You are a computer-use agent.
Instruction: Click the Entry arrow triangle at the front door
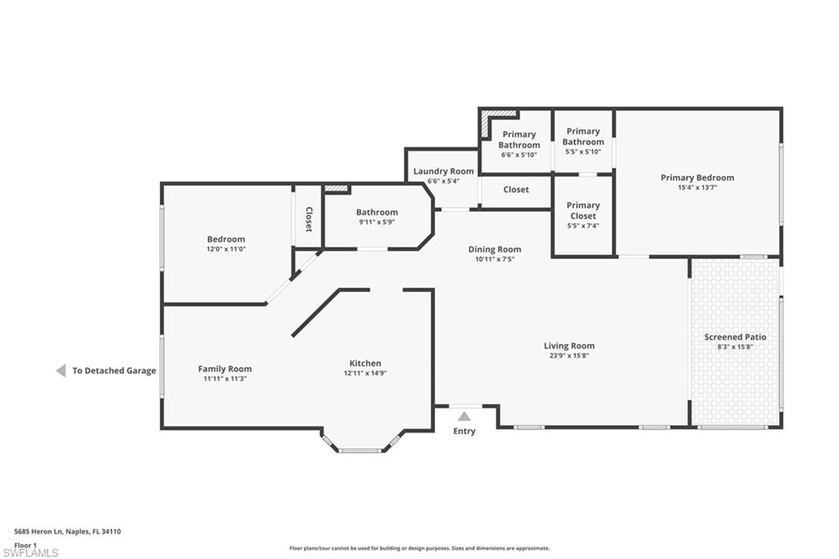[465, 416]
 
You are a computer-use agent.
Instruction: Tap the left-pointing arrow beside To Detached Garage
[61, 370]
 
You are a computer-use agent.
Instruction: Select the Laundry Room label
[443, 171]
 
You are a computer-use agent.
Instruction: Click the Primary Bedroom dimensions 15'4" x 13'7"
[697, 188]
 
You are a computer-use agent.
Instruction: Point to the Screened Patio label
[735, 337]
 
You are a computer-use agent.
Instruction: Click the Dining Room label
[494, 249]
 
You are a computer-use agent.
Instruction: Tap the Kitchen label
[365, 363]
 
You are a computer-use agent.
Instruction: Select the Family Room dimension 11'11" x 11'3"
[224, 379]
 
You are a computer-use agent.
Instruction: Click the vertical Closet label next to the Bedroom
[309, 219]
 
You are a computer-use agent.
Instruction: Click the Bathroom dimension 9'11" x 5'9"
[377, 222]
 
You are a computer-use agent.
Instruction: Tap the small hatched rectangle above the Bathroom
[337, 189]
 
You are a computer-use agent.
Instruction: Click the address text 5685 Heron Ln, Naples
[68, 531]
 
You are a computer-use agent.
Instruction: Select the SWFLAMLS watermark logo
[30, 552]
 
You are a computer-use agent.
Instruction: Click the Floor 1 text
[25, 544]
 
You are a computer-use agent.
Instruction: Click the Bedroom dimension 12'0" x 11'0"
[225, 249]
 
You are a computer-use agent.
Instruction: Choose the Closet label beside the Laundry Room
[515, 189]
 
